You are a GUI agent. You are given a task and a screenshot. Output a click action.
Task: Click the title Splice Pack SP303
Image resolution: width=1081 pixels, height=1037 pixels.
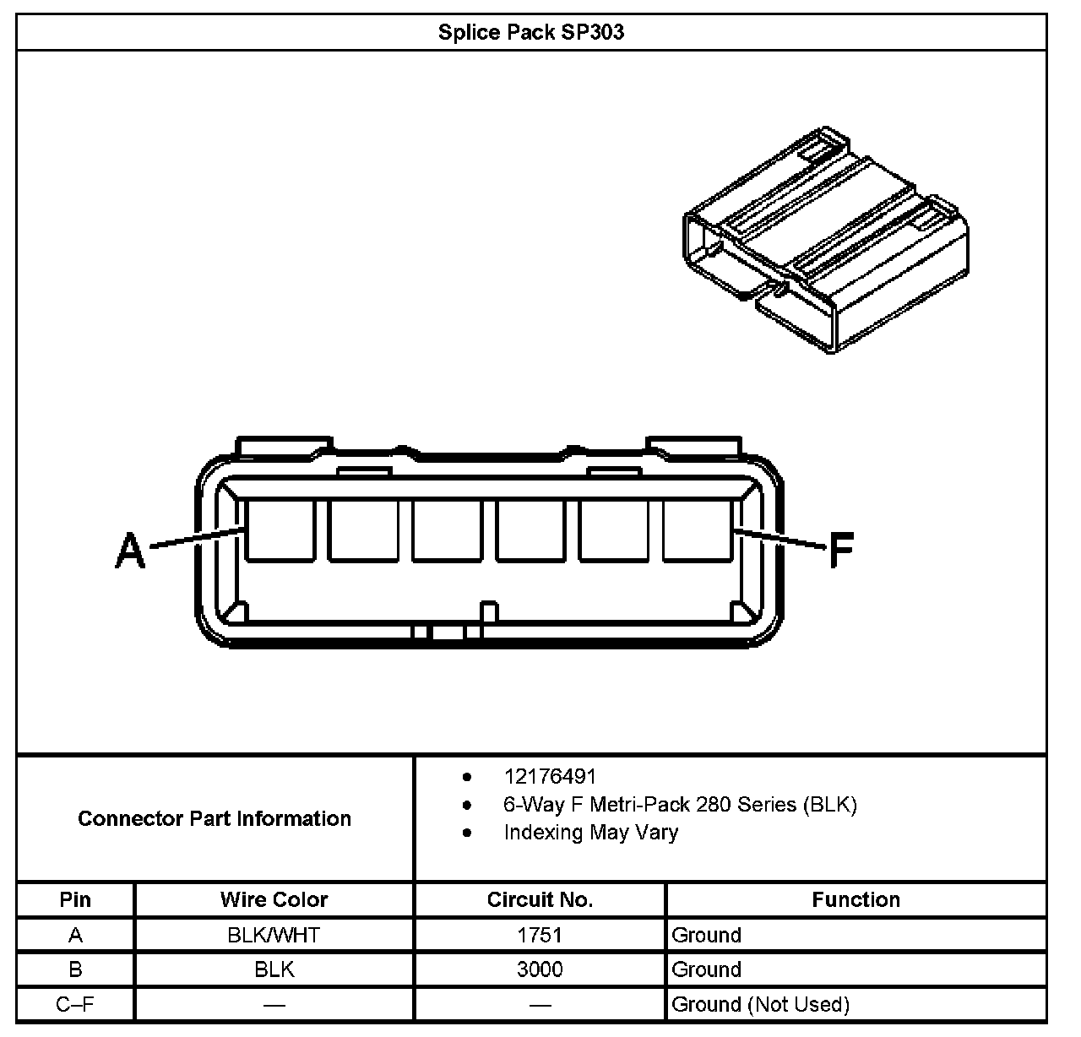tap(531, 33)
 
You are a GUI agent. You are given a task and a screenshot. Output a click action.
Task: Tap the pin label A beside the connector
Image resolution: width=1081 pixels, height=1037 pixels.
tap(130, 550)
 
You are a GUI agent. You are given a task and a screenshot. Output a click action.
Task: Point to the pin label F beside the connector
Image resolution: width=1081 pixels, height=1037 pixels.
tap(841, 550)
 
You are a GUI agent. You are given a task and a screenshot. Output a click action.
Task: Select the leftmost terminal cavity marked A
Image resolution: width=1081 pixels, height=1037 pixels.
tap(280, 529)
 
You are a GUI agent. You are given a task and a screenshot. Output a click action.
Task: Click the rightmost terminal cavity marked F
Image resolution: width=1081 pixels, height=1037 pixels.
tap(698, 529)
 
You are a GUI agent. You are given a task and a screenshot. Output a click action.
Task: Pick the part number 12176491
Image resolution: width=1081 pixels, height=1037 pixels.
tap(550, 776)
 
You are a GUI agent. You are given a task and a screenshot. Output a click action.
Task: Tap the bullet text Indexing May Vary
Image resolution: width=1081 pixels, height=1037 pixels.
tap(591, 832)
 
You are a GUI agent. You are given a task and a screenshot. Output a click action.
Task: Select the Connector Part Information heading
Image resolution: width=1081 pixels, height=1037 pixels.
tap(215, 818)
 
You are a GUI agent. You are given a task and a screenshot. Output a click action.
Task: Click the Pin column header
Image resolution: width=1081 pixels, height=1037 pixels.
tap(75, 899)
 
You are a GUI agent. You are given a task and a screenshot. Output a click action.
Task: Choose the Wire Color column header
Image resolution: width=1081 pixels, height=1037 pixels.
tap(274, 899)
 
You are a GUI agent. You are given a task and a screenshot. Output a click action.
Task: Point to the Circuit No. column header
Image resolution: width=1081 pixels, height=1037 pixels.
tap(540, 899)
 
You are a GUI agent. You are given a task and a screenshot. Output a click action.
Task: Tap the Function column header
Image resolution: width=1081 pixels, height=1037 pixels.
tap(856, 899)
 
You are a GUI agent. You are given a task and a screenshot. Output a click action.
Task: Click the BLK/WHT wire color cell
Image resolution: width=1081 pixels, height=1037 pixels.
tap(274, 935)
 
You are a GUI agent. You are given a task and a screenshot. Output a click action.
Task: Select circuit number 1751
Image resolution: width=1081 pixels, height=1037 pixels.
tap(540, 935)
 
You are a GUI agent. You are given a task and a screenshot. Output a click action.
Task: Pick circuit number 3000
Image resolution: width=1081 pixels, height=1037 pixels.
tap(540, 969)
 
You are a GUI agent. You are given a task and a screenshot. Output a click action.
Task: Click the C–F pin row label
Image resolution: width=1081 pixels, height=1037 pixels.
tap(75, 1004)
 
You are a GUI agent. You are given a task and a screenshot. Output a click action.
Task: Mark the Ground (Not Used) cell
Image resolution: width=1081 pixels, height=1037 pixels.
tap(760, 1004)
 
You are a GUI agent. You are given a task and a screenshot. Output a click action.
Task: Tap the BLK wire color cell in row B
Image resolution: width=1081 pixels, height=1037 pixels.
tap(274, 969)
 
